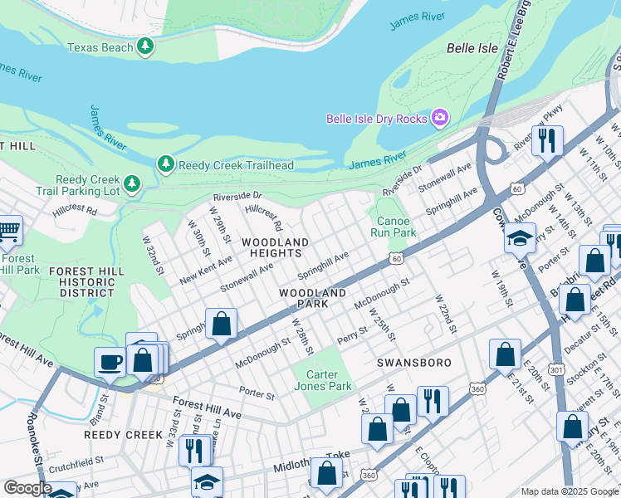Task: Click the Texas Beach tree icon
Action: [146, 47]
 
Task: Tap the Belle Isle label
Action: [472, 48]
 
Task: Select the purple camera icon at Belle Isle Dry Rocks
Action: [439, 119]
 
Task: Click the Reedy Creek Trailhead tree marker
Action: [166, 164]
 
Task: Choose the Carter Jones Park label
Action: [323, 379]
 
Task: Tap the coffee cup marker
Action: [110, 362]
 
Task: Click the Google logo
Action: [27, 487]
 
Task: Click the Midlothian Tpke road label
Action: [311, 463]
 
